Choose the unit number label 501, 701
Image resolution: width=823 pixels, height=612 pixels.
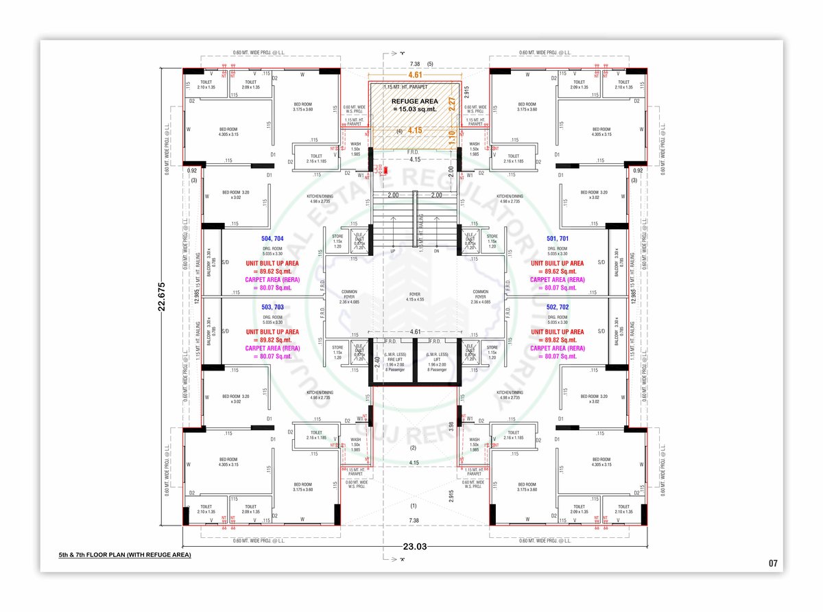pyautogui.click(x=557, y=238)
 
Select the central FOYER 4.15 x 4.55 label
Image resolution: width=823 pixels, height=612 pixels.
pyautogui.click(x=414, y=296)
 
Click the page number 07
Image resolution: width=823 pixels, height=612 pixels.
pyautogui.click(x=773, y=563)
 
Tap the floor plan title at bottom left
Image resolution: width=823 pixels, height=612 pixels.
pyautogui.click(x=125, y=554)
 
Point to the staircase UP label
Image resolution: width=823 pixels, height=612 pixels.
pyautogui.click(x=392, y=251)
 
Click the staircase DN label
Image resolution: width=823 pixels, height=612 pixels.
pyautogui.click(x=436, y=251)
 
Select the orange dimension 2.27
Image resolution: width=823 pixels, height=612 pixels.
pyautogui.click(x=452, y=104)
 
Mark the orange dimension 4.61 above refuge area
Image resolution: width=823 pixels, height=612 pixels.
pyautogui.click(x=415, y=75)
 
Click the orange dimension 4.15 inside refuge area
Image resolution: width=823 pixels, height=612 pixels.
pyautogui.click(x=414, y=130)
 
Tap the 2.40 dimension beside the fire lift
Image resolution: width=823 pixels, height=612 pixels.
pyautogui.click(x=377, y=360)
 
